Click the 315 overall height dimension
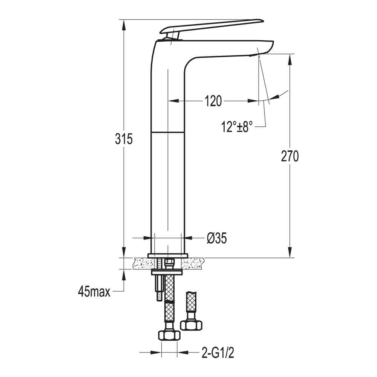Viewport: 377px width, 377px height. click(124, 139)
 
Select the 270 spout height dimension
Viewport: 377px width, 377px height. click(290, 156)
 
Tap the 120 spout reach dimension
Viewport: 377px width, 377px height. click(213, 101)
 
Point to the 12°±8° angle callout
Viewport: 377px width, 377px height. click(237, 127)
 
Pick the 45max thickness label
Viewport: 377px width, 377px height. click(94, 291)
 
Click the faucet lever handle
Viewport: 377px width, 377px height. click(211, 26)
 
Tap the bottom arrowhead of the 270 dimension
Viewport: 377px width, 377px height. click(290, 253)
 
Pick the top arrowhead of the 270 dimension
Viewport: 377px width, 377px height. click(290, 59)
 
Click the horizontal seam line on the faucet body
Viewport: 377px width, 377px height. click(168, 132)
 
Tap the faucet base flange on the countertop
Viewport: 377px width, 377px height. click(168, 256)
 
